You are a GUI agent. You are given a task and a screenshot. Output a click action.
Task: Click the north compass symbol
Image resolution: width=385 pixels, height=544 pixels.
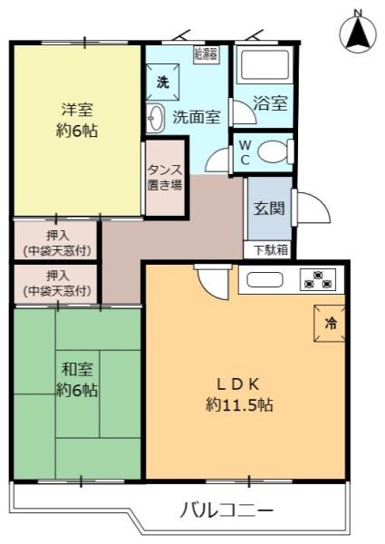click(358, 34)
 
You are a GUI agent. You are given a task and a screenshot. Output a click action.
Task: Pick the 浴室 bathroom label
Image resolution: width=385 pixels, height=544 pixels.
click(269, 102)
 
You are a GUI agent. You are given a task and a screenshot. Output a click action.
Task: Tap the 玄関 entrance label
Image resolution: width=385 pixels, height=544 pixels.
click(269, 208)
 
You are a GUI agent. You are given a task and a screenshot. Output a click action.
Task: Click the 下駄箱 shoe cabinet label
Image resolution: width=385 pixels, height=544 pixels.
click(269, 249)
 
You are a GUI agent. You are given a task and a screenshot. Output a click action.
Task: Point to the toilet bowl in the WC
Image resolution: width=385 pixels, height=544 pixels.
click(272, 151)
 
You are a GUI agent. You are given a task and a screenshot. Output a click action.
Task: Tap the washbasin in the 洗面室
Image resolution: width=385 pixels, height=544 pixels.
click(155, 118)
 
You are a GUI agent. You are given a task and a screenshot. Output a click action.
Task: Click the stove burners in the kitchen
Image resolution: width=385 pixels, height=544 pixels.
click(318, 279)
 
